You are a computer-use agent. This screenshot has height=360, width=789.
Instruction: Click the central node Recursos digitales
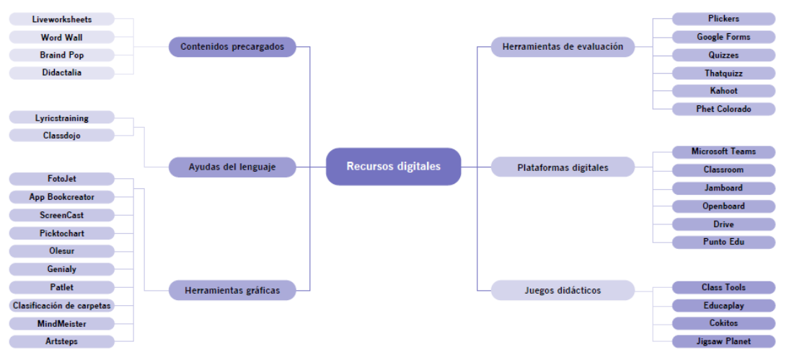pos(393,167)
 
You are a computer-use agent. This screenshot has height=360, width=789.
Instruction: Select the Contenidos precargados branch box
pos(232,47)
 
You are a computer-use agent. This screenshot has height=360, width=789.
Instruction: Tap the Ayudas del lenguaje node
pos(232,167)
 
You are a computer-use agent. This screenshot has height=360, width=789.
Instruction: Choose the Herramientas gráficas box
pos(232,291)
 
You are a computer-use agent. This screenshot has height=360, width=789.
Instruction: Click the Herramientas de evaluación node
pos(563,47)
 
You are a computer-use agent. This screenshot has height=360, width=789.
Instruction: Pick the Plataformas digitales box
pos(563,167)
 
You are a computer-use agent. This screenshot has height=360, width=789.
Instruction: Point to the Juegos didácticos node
pos(563,291)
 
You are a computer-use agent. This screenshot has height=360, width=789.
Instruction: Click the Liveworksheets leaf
pos(61,19)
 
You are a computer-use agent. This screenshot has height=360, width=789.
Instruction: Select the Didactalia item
pos(61,73)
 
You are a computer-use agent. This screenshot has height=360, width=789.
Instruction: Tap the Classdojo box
pos(61,136)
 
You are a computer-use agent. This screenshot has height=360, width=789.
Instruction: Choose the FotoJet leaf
pos(61,179)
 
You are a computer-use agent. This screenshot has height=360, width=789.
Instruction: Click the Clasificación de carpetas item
pos(61,306)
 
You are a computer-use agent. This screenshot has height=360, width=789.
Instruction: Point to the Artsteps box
pos(61,341)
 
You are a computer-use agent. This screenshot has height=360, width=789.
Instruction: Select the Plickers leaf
pos(723,19)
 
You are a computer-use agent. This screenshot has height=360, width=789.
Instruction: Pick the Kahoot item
pos(723,91)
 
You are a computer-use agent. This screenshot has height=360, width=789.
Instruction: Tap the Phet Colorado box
pos(723,109)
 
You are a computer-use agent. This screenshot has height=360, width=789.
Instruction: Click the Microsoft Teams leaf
pos(723,152)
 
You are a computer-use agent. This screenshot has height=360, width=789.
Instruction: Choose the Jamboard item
pos(723,188)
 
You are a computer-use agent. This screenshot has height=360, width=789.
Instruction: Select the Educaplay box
pos(723,306)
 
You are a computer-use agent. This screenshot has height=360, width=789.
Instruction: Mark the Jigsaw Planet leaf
pos(723,341)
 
